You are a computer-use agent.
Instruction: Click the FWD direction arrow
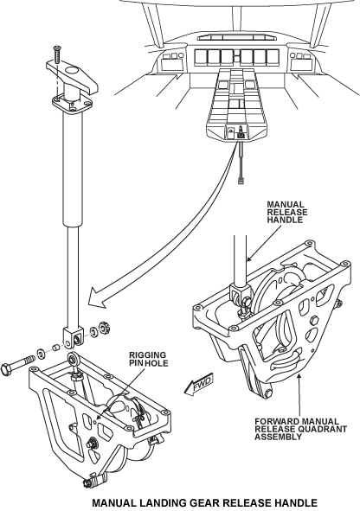[198, 384]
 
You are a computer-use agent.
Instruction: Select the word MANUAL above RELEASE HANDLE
[286, 205]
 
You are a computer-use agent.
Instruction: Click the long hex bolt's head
[7, 369]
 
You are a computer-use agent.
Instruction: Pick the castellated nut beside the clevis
[105, 326]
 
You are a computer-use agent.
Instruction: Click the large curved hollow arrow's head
[98, 297]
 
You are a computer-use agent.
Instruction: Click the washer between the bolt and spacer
[42, 354]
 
